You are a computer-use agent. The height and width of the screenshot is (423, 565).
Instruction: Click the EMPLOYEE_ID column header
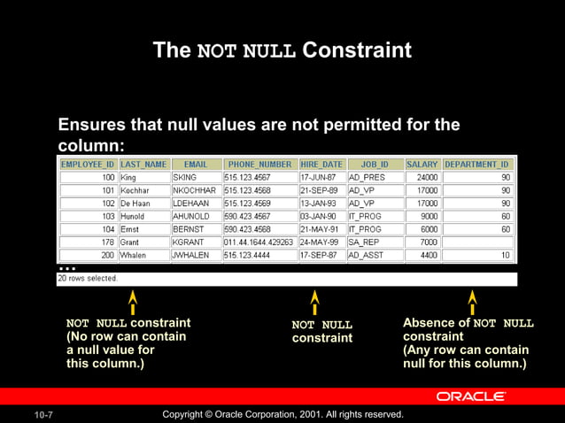tap(87, 165)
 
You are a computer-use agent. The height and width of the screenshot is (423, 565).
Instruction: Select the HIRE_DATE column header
tap(321, 165)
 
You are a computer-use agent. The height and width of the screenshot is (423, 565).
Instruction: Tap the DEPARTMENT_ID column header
tap(477, 165)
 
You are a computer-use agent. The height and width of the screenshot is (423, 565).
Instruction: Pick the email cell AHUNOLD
tap(194, 216)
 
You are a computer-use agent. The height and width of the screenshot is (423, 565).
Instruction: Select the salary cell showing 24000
tap(422, 178)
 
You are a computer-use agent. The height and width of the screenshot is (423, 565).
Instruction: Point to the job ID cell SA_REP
tap(373, 242)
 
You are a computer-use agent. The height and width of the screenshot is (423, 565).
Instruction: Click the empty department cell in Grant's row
tap(477, 242)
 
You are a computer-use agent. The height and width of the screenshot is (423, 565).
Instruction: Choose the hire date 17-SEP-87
tap(321, 255)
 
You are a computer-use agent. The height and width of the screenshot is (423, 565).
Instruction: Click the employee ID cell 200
tap(87, 255)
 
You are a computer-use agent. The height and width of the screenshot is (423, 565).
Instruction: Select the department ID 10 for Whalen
tap(477, 255)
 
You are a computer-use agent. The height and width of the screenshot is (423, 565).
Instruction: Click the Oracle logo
tap(470, 396)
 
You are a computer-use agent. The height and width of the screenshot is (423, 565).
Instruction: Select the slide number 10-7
tap(44, 415)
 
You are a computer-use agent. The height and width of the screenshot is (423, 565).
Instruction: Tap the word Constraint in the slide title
tap(357, 50)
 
